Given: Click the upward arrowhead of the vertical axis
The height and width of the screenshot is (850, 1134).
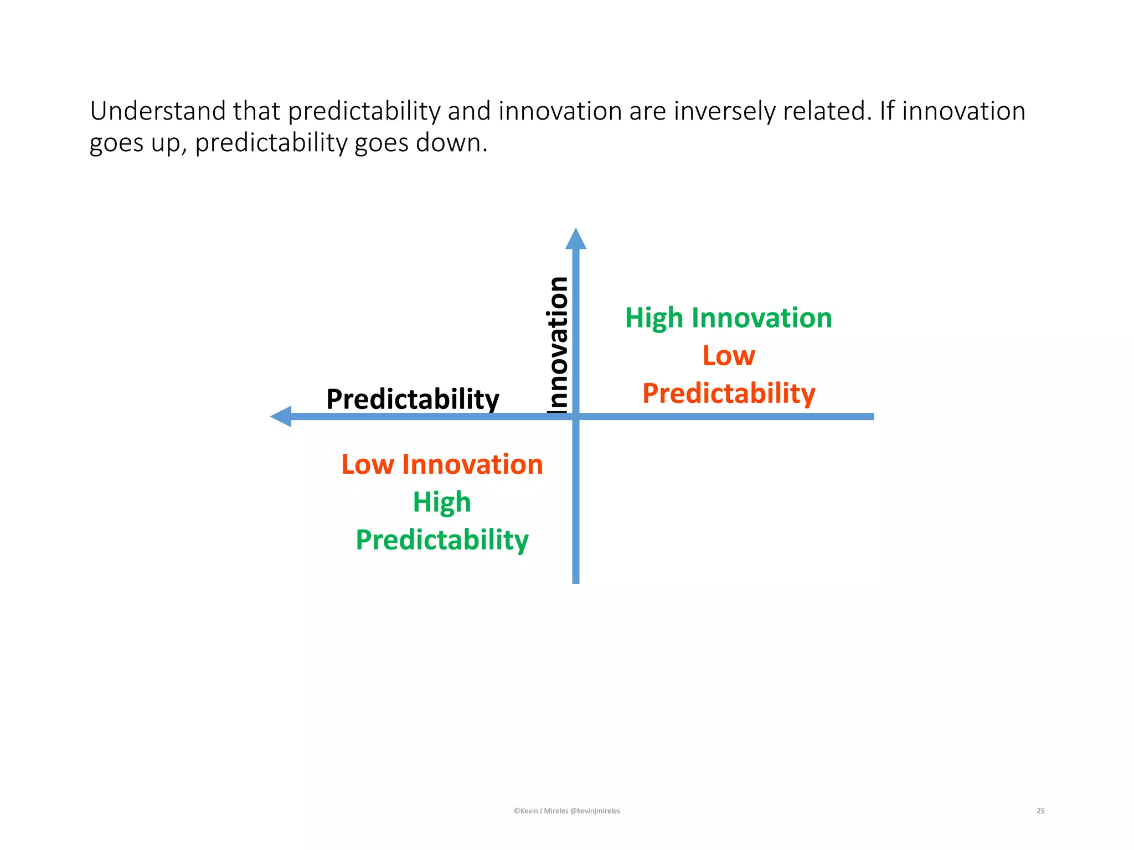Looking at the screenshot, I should click(575, 240).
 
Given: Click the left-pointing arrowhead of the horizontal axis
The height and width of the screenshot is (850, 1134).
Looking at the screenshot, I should click(282, 416).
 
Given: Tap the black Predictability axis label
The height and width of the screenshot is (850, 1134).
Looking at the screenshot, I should click(413, 399).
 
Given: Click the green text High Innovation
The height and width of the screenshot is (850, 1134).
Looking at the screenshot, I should click(728, 318).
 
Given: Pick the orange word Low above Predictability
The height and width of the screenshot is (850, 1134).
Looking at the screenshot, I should click(728, 356).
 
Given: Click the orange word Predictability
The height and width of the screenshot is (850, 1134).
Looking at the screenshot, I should click(728, 393).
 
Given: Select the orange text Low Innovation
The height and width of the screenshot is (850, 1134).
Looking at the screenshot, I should click(442, 464).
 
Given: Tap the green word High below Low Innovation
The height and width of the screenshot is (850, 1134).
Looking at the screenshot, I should click(442, 502).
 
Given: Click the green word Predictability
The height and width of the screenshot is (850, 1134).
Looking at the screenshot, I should click(442, 540).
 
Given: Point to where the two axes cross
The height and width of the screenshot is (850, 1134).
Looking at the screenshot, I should click(575, 416).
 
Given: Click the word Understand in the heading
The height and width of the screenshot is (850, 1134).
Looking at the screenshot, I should click(158, 111).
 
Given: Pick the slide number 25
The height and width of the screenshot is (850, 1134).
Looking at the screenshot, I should click(1040, 811).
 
